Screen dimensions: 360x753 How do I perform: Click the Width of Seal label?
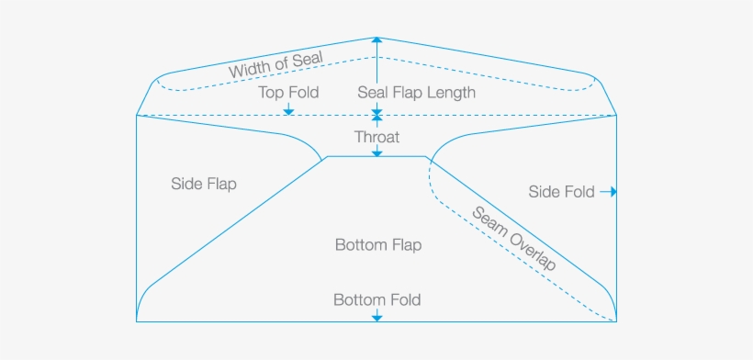tap(275, 64)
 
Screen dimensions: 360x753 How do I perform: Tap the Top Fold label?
tap(288, 93)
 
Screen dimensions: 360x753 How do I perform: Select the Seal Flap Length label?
tap(416, 93)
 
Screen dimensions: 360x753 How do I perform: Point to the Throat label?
tap(376, 136)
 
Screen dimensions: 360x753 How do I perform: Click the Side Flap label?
tap(204, 184)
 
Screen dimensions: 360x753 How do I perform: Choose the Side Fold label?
tap(561, 192)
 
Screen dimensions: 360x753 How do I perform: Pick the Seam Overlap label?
tap(515, 238)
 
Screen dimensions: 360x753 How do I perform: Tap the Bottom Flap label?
tap(377, 245)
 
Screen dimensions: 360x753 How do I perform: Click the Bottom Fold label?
tap(376, 299)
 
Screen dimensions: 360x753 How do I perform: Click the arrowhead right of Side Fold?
tap(613, 192)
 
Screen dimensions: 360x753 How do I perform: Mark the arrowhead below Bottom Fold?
tap(376, 317)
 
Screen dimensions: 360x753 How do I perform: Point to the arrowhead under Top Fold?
tap(288, 111)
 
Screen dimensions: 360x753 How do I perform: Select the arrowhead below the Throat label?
tap(376, 152)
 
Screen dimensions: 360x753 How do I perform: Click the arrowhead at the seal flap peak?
tap(376, 40)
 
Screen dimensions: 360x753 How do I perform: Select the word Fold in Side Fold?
tap(578, 192)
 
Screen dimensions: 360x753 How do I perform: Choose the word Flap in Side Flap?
tap(220, 184)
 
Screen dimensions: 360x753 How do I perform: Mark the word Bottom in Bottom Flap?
tap(358, 245)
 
